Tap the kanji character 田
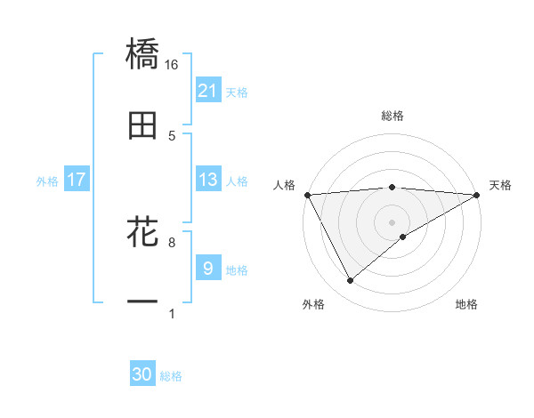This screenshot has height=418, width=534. [143, 125]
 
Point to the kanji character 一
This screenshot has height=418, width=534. [143, 303]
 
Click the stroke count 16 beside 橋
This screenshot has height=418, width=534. [171, 65]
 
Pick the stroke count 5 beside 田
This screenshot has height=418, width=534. [171, 136]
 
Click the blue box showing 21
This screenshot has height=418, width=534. [208, 91]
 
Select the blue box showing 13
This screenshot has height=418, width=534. [208, 180]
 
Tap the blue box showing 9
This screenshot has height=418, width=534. [208, 269]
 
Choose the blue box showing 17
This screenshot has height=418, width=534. [76, 180]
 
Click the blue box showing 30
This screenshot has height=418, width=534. [142, 375]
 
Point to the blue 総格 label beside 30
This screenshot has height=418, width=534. [172, 376]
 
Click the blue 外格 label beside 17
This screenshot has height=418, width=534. [47, 181]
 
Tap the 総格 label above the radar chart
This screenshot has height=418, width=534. [392, 116]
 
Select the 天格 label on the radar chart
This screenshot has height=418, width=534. [501, 185]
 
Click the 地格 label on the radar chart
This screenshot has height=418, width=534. [466, 305]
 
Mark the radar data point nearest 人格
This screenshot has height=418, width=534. [306, 195]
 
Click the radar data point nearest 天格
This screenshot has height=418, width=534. [478, 195]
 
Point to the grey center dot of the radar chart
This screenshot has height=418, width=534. [392, 221]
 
